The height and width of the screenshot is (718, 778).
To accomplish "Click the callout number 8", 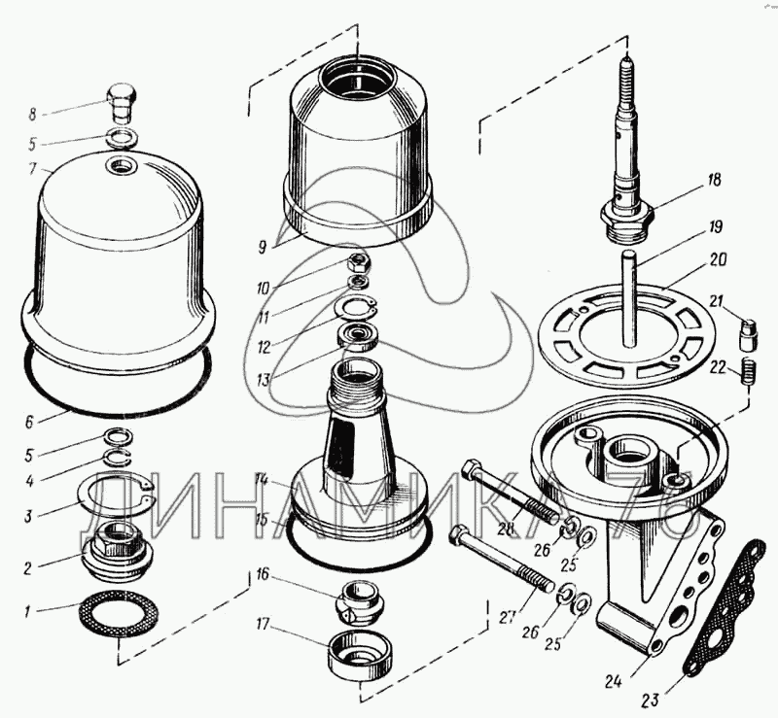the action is click(x=32, y=115).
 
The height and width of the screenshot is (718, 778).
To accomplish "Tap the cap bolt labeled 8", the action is click(x=123, y=105).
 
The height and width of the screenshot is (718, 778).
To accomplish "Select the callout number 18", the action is click(x=714, y=180).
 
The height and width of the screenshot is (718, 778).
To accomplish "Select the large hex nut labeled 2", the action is click(x=118, y=550).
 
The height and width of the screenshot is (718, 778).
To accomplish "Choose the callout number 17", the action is click(x=263, y=625).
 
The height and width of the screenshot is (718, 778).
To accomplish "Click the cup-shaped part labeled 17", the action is click(x=361, y=656).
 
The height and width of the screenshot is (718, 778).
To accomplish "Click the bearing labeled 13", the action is click(x=358, y=337).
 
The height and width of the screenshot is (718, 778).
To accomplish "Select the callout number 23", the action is click(x=650, y=701).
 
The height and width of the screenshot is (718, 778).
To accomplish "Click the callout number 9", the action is click(x=262, y=247).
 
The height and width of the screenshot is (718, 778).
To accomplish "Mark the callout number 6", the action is click(x=29, y=423).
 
